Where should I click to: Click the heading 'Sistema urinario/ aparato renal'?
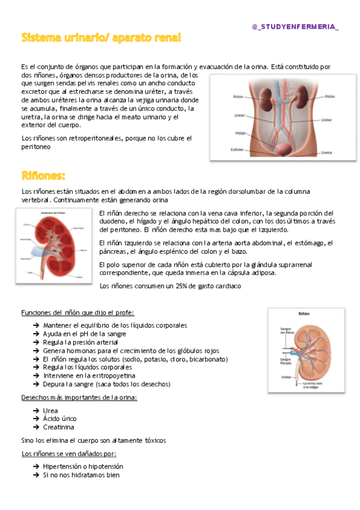[101, 38]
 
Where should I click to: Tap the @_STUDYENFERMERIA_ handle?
[296, 27]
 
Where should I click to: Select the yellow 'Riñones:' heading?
[43, 176]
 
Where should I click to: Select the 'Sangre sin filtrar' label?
[285, 331]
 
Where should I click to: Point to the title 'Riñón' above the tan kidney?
[304, 314]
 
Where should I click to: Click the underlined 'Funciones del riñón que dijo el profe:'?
[78, 313]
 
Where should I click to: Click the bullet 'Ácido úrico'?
[59, 419]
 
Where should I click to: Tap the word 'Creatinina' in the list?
[58, 427]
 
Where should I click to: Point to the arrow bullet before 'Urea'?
[36, 410]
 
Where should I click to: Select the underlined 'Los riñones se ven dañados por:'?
[69, 453]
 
